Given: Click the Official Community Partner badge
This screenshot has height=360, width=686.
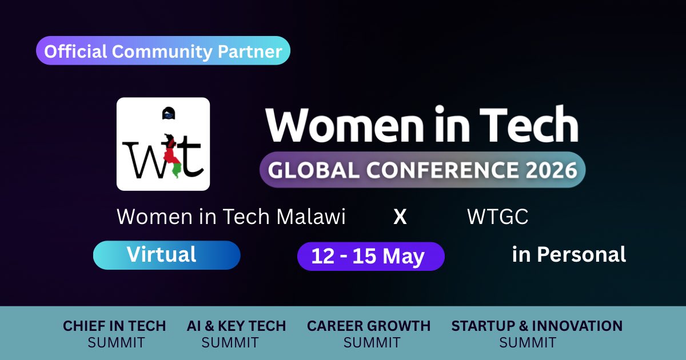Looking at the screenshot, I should pos(163,51).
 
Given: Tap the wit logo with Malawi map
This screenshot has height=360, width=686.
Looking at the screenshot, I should pos(163,144).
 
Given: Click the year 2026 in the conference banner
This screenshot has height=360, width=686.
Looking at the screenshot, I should pos(546,170).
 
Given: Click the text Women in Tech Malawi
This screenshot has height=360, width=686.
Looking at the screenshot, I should pos(231,217).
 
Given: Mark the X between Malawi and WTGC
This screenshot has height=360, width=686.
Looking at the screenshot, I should pos(400,217).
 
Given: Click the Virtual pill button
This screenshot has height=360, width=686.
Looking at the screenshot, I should pos(166,255).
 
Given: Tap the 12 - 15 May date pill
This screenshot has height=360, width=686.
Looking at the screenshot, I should pos(370,256).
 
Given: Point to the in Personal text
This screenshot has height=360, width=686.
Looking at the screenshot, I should pos(569,254).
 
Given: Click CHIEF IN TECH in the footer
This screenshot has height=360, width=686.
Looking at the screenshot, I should pos(114,326).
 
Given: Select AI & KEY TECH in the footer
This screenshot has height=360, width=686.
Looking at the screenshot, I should pos(236,326).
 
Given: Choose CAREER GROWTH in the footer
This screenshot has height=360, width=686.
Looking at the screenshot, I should pos(369,326).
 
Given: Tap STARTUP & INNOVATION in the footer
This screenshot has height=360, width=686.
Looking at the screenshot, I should pos(537,326).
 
